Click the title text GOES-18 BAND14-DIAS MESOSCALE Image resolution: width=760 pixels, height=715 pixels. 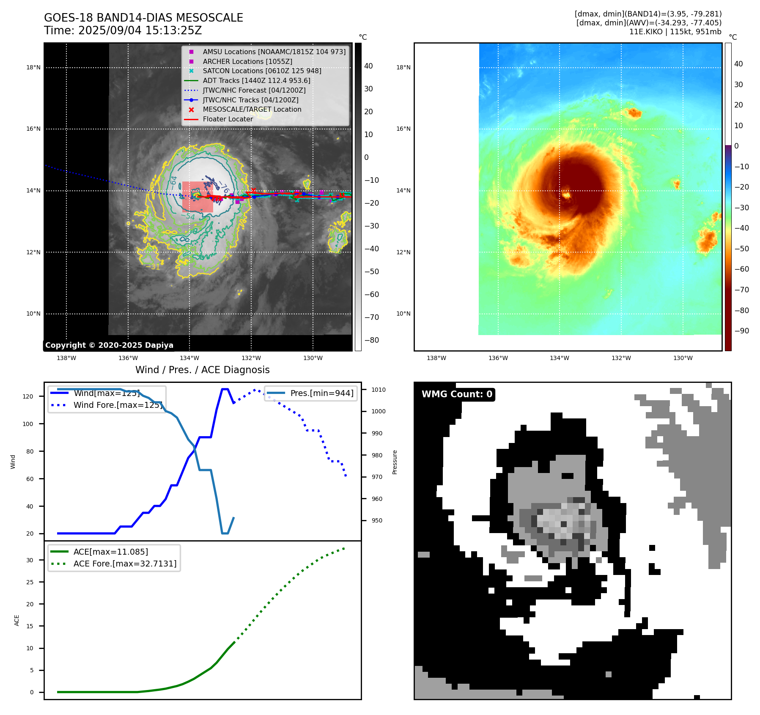coord(143,18)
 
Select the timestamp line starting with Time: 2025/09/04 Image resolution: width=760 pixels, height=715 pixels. coord(123,30)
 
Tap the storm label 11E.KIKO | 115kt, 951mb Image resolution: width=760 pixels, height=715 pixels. coord(675,32)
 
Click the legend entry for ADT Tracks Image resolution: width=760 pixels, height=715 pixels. coord(256,80)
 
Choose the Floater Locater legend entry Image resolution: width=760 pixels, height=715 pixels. coord(228,119)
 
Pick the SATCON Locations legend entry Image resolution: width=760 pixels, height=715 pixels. coord(262,71)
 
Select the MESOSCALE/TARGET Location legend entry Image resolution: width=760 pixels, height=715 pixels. coord(252,109)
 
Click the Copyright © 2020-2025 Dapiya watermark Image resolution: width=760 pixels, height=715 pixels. coord(109,345)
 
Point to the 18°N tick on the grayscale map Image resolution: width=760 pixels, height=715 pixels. coord(33,67)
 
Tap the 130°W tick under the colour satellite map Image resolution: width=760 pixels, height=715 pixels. coord(683,358)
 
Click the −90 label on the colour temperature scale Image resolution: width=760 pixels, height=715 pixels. coord(741,331)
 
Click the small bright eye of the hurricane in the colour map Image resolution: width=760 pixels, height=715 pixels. coord(566,195)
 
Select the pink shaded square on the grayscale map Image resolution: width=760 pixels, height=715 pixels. coord(198,197)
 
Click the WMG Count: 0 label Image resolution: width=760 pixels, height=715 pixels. coord(457,394)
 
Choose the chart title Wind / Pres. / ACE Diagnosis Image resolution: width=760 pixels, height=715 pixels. coord(202,370)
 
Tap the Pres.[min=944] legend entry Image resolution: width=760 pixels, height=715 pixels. coord(321,393)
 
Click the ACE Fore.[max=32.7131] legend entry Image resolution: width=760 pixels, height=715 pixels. coord(125,564)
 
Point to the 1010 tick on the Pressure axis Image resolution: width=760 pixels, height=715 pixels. coord(378,390)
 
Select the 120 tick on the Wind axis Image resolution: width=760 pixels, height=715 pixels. coord(28,396)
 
